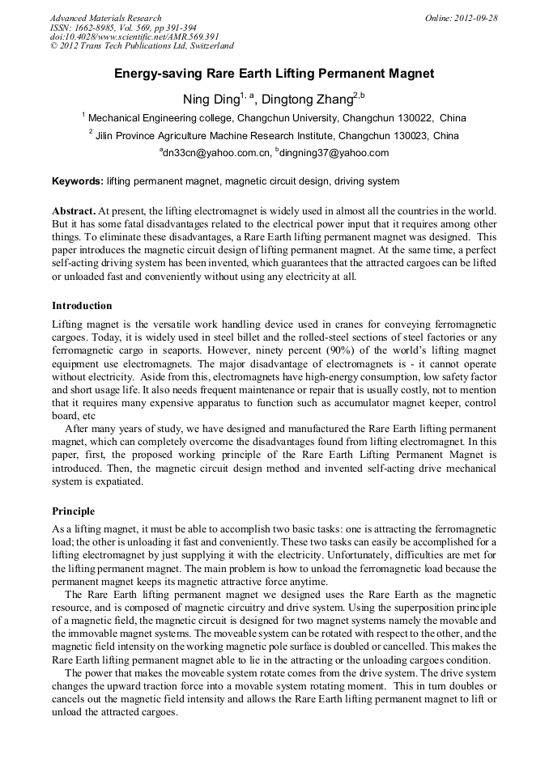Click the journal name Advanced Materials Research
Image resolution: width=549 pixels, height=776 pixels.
click(105, 18)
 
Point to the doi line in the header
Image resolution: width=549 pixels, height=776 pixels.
click(134, 36)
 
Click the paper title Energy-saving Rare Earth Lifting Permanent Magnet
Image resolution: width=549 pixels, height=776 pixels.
click(274, 74)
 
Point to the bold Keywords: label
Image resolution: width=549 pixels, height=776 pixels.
click(78, 181)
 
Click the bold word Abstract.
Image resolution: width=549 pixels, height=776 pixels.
click(73, 210)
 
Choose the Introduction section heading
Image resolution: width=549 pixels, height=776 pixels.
click(82, 306)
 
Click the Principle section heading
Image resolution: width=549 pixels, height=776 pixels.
click(73, 511)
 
